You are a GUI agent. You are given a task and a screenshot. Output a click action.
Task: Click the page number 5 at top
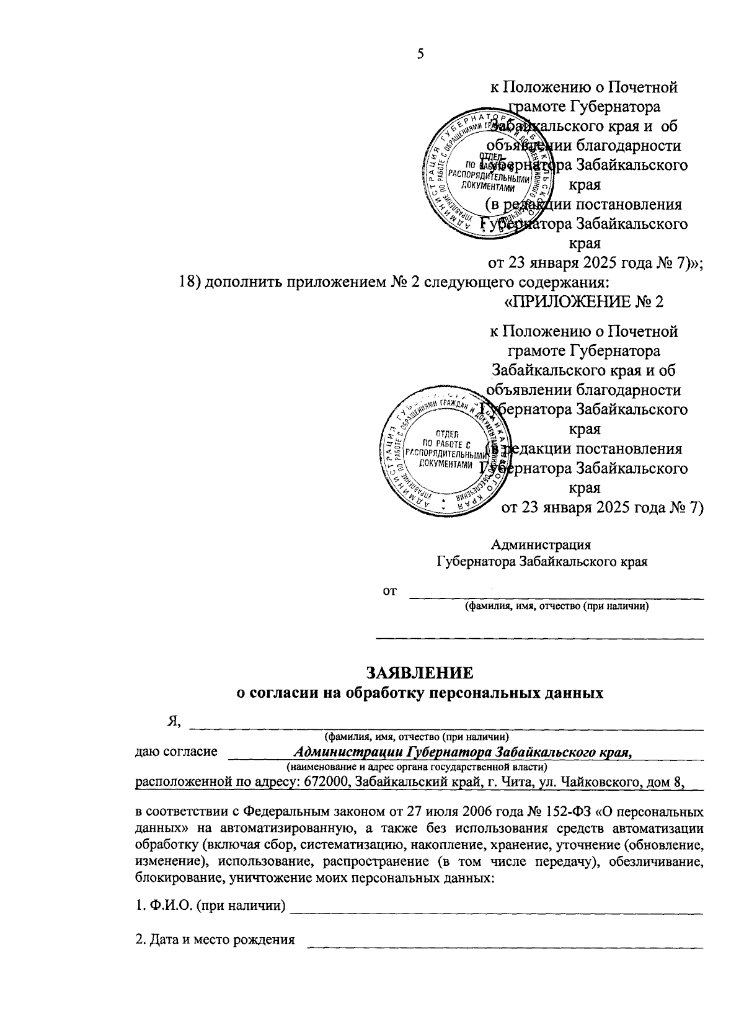(420, 54)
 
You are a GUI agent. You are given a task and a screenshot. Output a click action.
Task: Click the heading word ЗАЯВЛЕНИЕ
(420, 673)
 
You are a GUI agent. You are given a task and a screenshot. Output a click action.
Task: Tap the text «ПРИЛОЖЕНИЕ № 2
(585, 302)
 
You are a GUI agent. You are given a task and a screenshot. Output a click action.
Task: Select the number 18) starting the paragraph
(187, 283)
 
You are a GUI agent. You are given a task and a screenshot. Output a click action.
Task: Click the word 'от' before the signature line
(389, 590)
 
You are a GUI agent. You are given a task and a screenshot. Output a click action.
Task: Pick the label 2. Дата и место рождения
(215, 940)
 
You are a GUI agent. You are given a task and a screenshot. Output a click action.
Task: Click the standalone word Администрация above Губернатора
(541, 545)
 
